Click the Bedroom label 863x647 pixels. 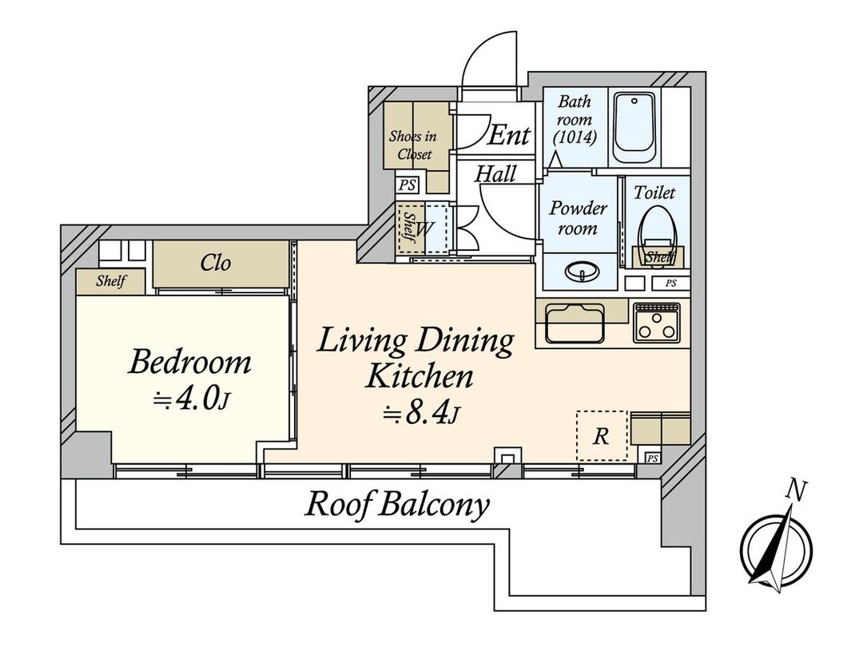(x=189, y=363)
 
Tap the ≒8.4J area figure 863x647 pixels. (x=422, y=414)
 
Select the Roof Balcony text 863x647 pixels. (x=397, y=505)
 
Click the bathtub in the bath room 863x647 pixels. (x=635, y=128)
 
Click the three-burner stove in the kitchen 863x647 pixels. (x=656, y=322)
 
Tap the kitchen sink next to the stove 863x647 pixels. (x=574, y=323)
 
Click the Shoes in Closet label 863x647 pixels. (x=412, y=145)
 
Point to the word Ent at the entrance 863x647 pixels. (x=508, y=135)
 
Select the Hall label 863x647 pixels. (x=496, y=173)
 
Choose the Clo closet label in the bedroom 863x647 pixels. (x=216, y=264)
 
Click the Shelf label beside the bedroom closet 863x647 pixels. (x=110, y=281)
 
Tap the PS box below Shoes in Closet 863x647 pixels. (x=408, y=185)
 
